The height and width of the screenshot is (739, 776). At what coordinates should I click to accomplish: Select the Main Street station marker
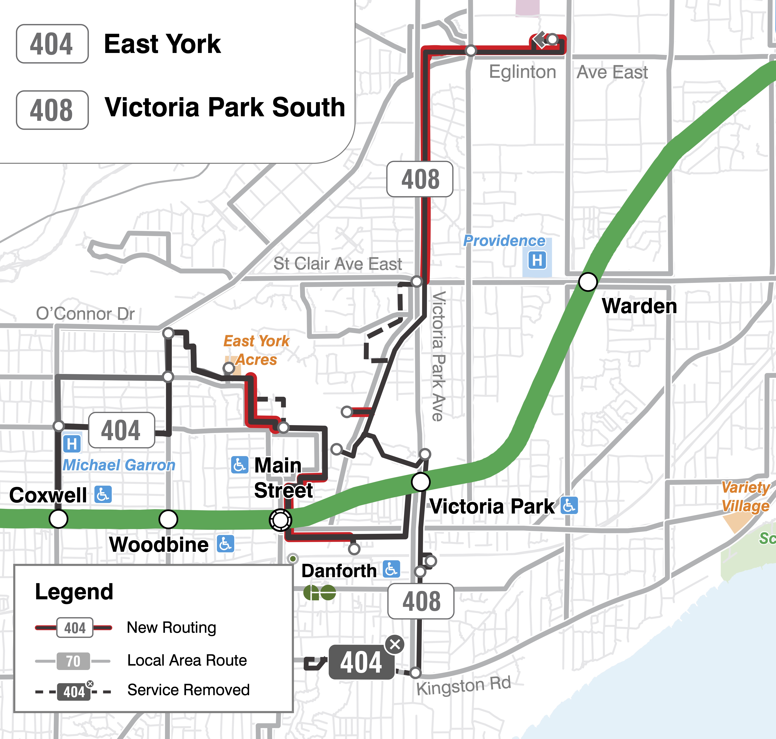tap(281, 520)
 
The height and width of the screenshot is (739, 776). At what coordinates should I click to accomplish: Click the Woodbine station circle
tap(168, 519)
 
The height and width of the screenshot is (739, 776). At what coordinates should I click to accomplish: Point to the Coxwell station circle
tap(58, 519)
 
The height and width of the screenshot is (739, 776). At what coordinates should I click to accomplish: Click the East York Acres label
tap(256, 350)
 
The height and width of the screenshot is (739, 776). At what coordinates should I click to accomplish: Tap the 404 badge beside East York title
tap(52, 44)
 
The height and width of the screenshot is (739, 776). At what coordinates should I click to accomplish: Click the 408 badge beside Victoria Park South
tap(52, 110)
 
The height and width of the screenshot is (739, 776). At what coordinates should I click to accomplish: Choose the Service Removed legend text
tap(188, 690)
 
